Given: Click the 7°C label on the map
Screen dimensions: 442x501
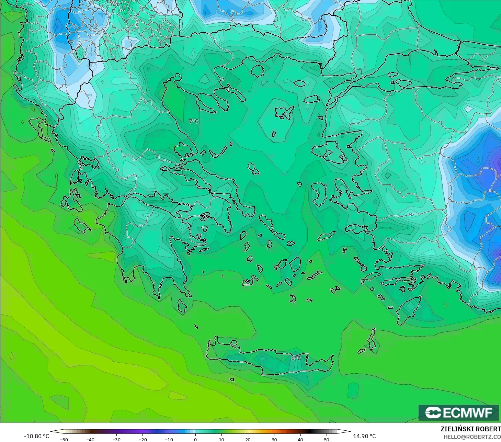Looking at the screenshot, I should tap(194, 121).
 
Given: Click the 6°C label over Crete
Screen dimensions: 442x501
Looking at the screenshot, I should tap(296, 358).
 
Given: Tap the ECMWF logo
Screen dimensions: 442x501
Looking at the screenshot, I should tap(458, 412).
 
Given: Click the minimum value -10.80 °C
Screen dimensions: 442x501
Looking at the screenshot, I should tap(37, 436).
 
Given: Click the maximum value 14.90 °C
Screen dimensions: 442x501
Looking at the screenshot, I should tap(364, 436).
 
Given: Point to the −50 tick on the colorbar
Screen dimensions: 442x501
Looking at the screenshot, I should tap(64, 439).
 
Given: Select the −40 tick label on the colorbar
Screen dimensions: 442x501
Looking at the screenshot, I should tap(90, 439).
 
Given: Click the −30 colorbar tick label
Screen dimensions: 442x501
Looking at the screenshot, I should tap(116, 439).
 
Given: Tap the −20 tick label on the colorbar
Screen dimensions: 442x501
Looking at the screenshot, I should tap(143, 439).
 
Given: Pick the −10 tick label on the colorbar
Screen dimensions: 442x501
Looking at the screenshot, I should tap(169, 439).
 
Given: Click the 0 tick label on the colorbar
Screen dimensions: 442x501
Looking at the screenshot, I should tap(195, 439).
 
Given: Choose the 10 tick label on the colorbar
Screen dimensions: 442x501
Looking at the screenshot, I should tap(221, 439).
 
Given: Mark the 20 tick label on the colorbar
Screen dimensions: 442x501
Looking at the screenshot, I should tap(248, 439).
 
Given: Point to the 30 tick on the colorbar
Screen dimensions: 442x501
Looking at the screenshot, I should tap(274, 439).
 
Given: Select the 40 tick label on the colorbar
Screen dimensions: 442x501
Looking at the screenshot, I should tap(300, 439).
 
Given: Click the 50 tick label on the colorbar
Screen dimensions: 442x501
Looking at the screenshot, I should tap(327, 439).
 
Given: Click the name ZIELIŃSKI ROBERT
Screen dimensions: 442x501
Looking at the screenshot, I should tap(470, 429).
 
